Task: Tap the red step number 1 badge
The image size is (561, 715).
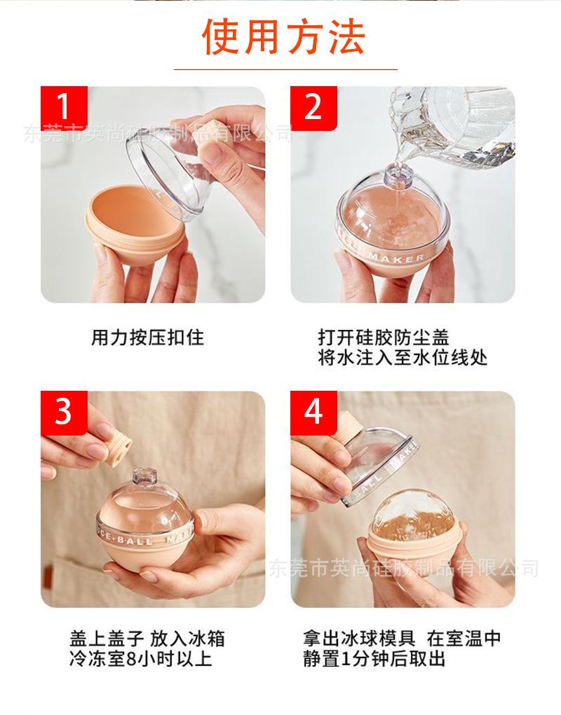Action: (64, 107)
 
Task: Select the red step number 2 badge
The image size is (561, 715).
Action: (313, 107)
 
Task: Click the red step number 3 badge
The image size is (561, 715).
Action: (64, 412)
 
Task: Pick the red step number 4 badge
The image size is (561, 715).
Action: (313, 412)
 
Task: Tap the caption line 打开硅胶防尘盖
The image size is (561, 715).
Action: (383, 338)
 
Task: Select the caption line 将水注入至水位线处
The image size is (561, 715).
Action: (402, 358)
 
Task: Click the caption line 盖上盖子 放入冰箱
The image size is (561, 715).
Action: (147, 639)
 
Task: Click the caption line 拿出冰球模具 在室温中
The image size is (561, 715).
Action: (402, 639)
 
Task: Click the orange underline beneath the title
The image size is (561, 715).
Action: (285, 69)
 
